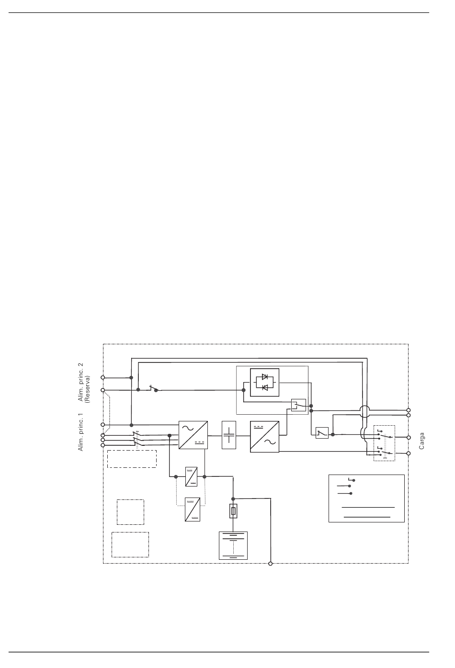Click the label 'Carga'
pos(421,441)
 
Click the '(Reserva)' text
pos(88,389)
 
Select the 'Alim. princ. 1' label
pos(80,432)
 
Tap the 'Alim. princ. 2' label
pos(80,382)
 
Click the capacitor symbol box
pos(229,435)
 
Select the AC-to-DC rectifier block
pos(193,435)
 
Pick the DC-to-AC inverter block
pos(265,437)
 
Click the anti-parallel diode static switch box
pos(265,382)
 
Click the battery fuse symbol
pos(233,511)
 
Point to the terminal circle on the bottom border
pos(270,563)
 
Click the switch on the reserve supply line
pos(155,388)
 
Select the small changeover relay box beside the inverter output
pos(298,405)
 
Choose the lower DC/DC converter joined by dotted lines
pos(193,509)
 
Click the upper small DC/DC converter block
pos(191,476)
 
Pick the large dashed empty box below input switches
pos(132,459)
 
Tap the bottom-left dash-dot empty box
pos(130,544)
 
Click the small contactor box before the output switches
pos(322,433)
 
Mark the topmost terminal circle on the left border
pos(102,377)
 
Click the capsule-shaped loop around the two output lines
pos(364,411)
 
